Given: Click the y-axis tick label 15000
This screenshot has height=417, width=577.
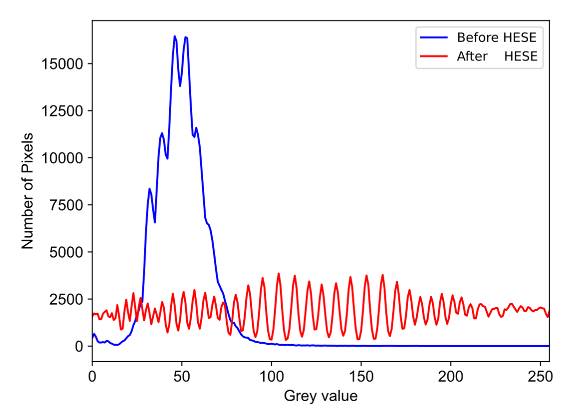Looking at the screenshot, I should tap(62, 64).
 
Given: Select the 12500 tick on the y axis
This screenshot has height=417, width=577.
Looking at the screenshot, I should tap(62, 111).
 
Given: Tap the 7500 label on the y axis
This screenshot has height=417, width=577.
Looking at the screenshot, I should tap(66, 205).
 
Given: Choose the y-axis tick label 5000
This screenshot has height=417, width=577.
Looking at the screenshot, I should tap(66, 252).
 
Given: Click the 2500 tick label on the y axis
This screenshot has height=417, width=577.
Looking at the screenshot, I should tap(66, 299).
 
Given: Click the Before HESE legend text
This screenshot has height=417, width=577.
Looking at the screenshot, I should tap(497, 38).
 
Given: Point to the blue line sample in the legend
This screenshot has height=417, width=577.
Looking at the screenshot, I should tap(434, 38).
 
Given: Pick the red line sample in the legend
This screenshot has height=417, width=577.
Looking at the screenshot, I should tap(434, 56).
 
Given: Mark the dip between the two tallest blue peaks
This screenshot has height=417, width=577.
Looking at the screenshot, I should tap(180, 86).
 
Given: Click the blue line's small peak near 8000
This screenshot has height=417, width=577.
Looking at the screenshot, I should tap(150, 189).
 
